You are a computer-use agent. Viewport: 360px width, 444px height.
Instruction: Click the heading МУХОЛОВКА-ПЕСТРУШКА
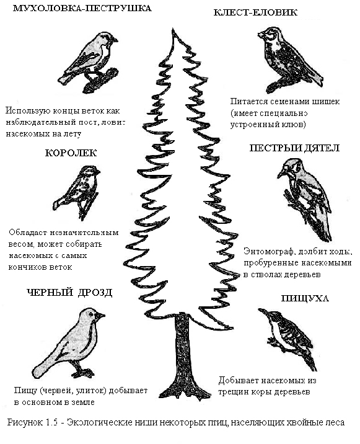[82, 8]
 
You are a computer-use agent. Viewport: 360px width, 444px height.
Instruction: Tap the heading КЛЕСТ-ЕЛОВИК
[255, 12]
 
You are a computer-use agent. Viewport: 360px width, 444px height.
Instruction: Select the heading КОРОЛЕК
[71, 153]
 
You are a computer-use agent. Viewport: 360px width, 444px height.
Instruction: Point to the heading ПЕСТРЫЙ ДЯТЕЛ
[294, 148]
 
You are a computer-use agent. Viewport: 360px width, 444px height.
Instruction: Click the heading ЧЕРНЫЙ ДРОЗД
[69, 292]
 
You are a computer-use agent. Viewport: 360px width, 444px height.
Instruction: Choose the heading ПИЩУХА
[305, 298]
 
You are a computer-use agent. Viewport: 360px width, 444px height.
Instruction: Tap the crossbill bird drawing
[289, 59]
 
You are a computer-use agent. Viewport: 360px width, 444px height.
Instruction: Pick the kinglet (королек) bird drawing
[77, 193]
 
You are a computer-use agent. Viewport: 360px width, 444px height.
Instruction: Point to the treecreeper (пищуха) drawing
[288, 337]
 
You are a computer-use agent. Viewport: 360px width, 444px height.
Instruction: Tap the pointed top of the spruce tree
[173, 29]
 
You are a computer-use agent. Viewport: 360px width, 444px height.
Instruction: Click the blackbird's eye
[91, 314]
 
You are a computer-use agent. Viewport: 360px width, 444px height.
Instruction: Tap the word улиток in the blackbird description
[90, 391]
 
